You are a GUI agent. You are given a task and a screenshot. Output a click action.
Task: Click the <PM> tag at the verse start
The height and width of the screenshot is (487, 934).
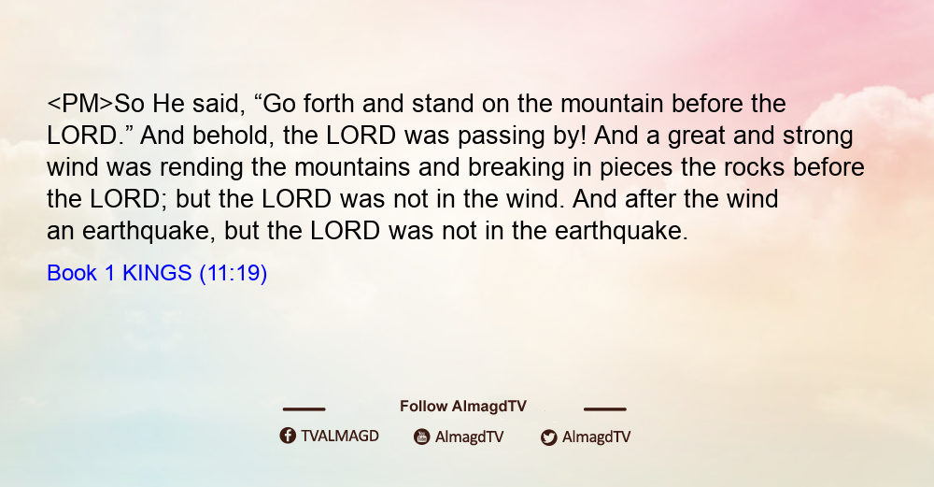point(79,104)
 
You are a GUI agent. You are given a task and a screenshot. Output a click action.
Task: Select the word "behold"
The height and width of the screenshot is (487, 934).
point(233,136)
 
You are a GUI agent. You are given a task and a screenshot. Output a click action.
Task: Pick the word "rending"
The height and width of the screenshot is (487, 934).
point(202,168)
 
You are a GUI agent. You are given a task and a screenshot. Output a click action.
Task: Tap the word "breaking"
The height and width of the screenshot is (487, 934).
point(516,168)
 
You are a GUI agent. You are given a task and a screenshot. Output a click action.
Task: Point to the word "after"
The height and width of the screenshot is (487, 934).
point(650,198)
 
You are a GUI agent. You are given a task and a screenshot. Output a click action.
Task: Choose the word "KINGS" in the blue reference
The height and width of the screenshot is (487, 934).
point(157,273)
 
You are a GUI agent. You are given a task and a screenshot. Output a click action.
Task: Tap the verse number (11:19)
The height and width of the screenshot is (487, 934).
point(233,274)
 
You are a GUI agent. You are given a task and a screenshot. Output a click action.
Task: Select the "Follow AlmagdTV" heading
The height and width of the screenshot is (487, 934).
point(463,407)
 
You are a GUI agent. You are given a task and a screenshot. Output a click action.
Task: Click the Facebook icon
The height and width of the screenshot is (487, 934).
point(288,436)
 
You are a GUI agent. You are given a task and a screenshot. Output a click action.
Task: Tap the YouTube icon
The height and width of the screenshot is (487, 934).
point(422,437)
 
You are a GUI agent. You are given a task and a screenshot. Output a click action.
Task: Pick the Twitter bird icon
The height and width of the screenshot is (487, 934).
point(548,437)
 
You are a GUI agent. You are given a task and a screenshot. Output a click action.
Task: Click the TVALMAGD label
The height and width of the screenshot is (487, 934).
point(340,437)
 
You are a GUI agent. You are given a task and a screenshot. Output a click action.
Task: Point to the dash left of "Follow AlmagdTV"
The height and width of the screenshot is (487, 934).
point(304,409)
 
